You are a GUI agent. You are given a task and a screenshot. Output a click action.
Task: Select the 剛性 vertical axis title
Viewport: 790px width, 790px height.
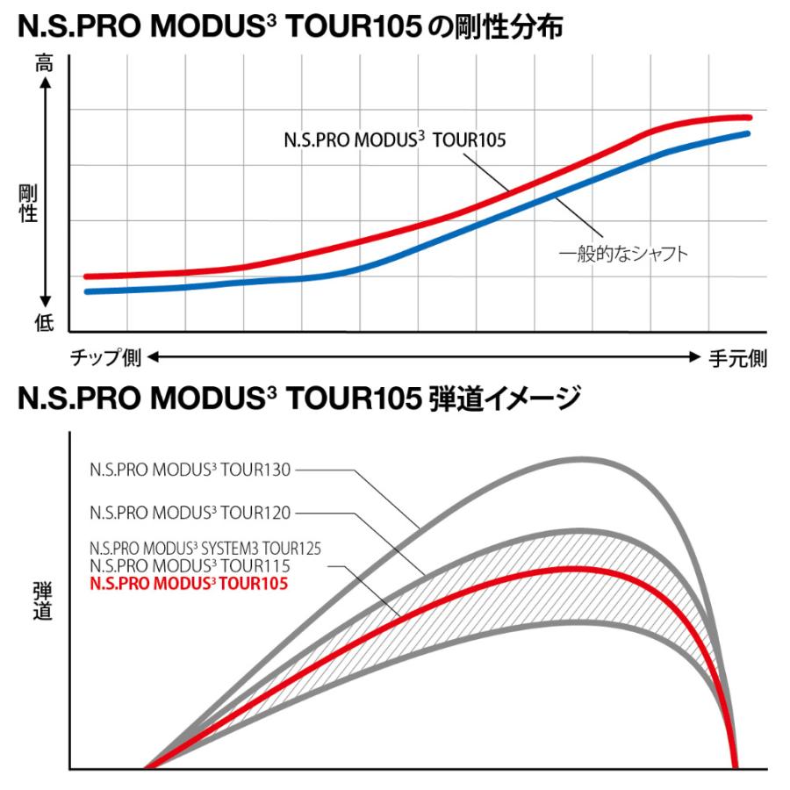[30, 203]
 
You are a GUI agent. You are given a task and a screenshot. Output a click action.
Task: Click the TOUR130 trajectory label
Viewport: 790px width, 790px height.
[190, 470]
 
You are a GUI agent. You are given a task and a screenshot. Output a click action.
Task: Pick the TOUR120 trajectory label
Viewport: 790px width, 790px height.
[190, 511]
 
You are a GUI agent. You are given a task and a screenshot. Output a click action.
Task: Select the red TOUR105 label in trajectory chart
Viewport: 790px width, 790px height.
[189, 582]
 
